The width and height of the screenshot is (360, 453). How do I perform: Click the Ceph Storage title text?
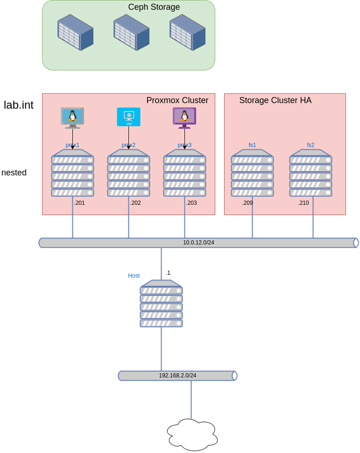[x=154, y=7]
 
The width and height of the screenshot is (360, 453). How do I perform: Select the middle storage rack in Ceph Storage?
[x=131, y=32]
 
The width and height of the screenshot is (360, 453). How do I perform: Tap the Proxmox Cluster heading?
[x=177, y=100]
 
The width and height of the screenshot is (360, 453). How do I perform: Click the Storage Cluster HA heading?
[x=275, y=100]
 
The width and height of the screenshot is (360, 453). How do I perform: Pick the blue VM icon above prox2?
[x=128, y=117]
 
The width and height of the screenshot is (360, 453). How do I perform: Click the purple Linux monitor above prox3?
[x=184, y=117]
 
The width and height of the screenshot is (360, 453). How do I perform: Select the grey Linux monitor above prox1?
[x=72, y=118]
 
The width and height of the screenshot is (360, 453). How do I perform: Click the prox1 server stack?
[x=72, y=173]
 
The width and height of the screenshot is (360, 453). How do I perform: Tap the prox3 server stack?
[x=184, y=173]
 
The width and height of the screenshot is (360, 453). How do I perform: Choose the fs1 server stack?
[x=252, y=173]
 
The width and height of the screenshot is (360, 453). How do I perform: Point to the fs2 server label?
[x=311, y=145]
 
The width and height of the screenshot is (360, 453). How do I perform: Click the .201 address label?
[x=79, y=203]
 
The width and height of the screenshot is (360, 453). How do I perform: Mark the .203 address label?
[x=191, y=203]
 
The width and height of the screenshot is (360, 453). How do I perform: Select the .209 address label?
[x=247, y=203]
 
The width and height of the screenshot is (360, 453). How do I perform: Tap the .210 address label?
[x=304, y=203]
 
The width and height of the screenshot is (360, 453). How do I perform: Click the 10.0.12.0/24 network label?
[x=198, y=243]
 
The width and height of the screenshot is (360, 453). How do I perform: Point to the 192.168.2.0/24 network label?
[x=177, y=376]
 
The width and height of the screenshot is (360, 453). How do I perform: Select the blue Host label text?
[x=134, y=276]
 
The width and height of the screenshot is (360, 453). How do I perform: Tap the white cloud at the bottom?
[x=192, y=435]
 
